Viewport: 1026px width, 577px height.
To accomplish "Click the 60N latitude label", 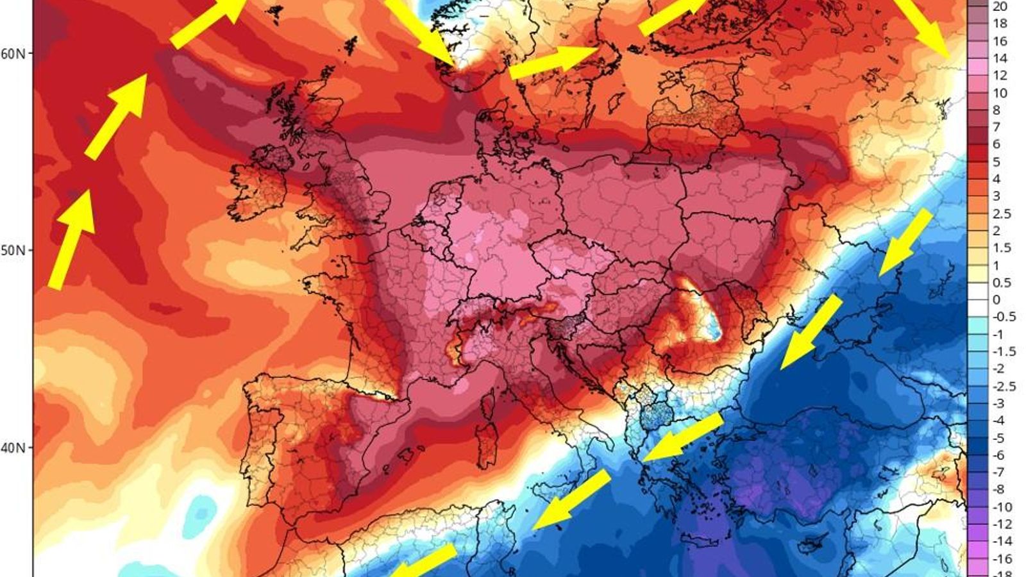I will [13, 53].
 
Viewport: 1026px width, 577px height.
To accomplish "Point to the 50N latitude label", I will [13, 250].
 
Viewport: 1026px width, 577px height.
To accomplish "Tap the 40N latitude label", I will [13, 447].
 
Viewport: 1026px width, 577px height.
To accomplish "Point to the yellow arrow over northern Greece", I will [682, 437].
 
